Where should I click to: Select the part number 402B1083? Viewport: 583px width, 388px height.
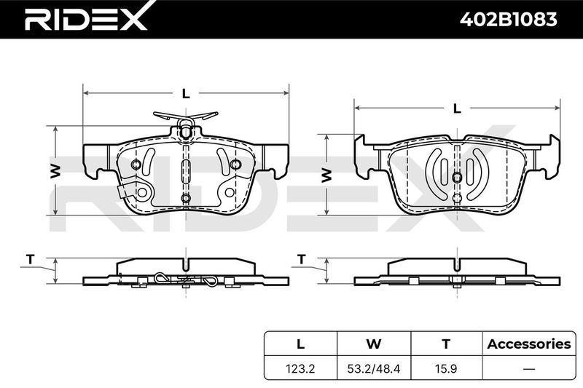point(508,19)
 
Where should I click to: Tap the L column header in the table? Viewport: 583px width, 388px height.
point(300,344)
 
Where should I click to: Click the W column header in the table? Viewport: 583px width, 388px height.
point(374,344)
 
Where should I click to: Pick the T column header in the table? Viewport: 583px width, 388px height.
point(446,344)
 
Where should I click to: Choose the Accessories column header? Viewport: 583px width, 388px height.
point(529,344)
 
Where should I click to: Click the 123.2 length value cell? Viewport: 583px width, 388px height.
point(300,368)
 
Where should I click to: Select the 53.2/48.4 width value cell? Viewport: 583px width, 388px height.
point(374,368)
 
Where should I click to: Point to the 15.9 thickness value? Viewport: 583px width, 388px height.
point(446,368)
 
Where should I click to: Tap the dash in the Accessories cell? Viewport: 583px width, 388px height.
point(529,368)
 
